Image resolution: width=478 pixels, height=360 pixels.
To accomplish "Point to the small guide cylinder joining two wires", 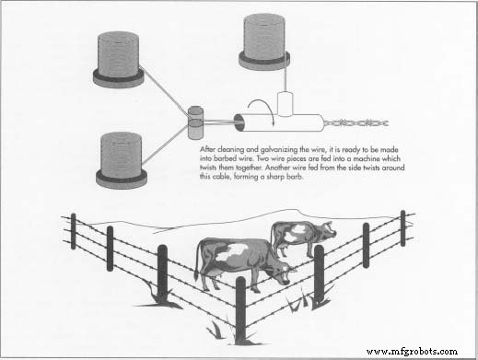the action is [195, 121].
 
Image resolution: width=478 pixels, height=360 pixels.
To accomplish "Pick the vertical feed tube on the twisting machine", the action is [285, 103].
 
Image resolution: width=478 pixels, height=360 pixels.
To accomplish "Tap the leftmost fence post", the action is [73, 231].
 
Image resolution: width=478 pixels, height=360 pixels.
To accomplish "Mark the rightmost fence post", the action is [402, 227].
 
